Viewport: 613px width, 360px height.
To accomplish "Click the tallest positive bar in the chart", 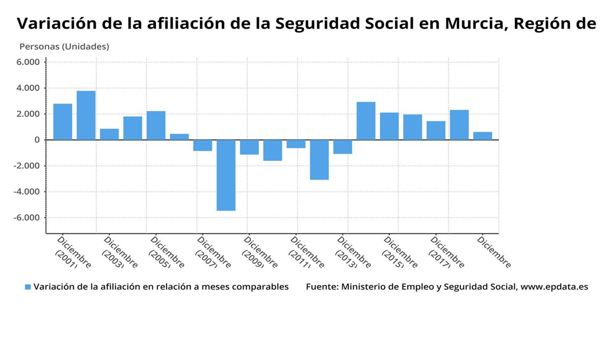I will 86,115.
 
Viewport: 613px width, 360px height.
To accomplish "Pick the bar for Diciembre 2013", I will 343,147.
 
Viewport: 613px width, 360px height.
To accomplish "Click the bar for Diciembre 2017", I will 436,130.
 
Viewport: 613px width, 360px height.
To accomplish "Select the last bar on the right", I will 482,136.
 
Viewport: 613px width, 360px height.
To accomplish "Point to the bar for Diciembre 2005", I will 156,125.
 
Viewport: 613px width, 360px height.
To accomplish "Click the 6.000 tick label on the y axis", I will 28,62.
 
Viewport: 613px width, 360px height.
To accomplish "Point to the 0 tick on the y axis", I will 37,140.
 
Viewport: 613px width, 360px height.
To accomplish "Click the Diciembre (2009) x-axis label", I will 258,252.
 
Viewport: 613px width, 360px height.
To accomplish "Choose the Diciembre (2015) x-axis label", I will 398,252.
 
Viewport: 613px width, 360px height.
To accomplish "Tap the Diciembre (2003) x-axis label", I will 118,252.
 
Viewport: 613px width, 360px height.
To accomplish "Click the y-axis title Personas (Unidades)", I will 64,46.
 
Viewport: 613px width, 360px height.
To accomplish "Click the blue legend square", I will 28,287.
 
